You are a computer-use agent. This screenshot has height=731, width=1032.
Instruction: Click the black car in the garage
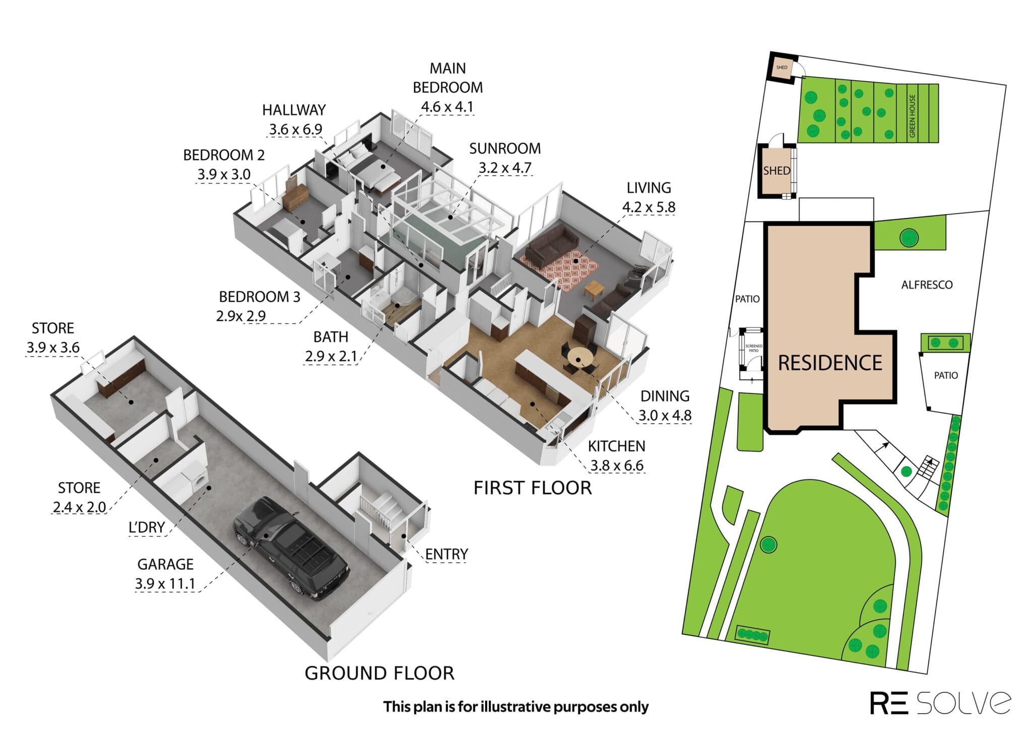click(x=291, y=548)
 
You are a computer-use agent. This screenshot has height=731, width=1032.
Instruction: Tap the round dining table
click(x=582, y=359)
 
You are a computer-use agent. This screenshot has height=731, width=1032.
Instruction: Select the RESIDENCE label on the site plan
click(x=830, y=363)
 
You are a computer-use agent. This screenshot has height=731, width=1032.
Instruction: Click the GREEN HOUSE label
click(x=912, y=116)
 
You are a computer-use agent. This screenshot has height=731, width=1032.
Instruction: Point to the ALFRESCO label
click(x=927, y=285)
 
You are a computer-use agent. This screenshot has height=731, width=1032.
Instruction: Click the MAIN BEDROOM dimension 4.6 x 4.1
click(x=447, y=107)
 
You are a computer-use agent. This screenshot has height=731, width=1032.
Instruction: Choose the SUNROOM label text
click(x=505, y=149)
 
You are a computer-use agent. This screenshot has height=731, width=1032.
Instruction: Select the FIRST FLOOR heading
click(x=533, y=488)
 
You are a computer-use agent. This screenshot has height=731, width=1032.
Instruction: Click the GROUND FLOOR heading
click(x=379, y=673)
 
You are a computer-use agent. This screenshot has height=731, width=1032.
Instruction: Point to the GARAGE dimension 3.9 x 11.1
click(x=165, y=584)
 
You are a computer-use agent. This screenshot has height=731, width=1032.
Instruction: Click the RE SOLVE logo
click(x=940, y=702)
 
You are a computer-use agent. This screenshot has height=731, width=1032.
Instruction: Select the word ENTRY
click(x=446, y=554)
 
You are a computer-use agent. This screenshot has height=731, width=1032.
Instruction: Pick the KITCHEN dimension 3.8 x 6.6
click(x=617, y=466)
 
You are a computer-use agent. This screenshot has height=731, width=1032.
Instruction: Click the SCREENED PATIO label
click(x=753, y=348)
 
